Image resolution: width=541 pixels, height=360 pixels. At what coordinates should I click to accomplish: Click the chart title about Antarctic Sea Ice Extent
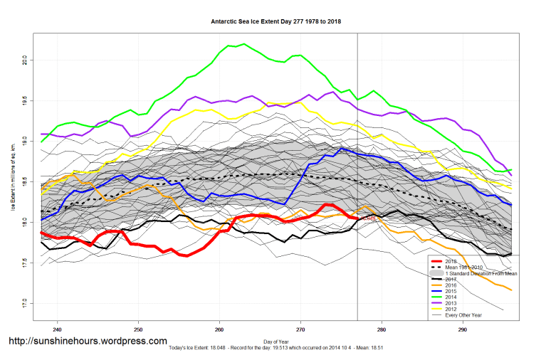coord(276,21)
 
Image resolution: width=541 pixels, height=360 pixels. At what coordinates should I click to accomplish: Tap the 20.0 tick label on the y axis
coord(24,60)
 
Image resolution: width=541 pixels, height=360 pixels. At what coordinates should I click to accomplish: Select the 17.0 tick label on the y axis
coord(24,303)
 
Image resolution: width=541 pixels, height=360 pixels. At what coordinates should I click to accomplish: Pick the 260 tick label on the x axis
coord(219,329)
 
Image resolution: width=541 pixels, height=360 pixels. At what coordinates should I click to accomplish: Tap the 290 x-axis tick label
coord(463,329)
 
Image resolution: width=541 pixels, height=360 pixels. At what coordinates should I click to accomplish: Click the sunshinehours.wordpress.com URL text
coord(88,342)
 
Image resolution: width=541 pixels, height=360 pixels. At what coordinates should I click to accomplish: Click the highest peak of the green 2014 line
coord(243,44)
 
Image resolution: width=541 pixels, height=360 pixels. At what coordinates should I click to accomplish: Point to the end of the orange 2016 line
coord(511,290)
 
